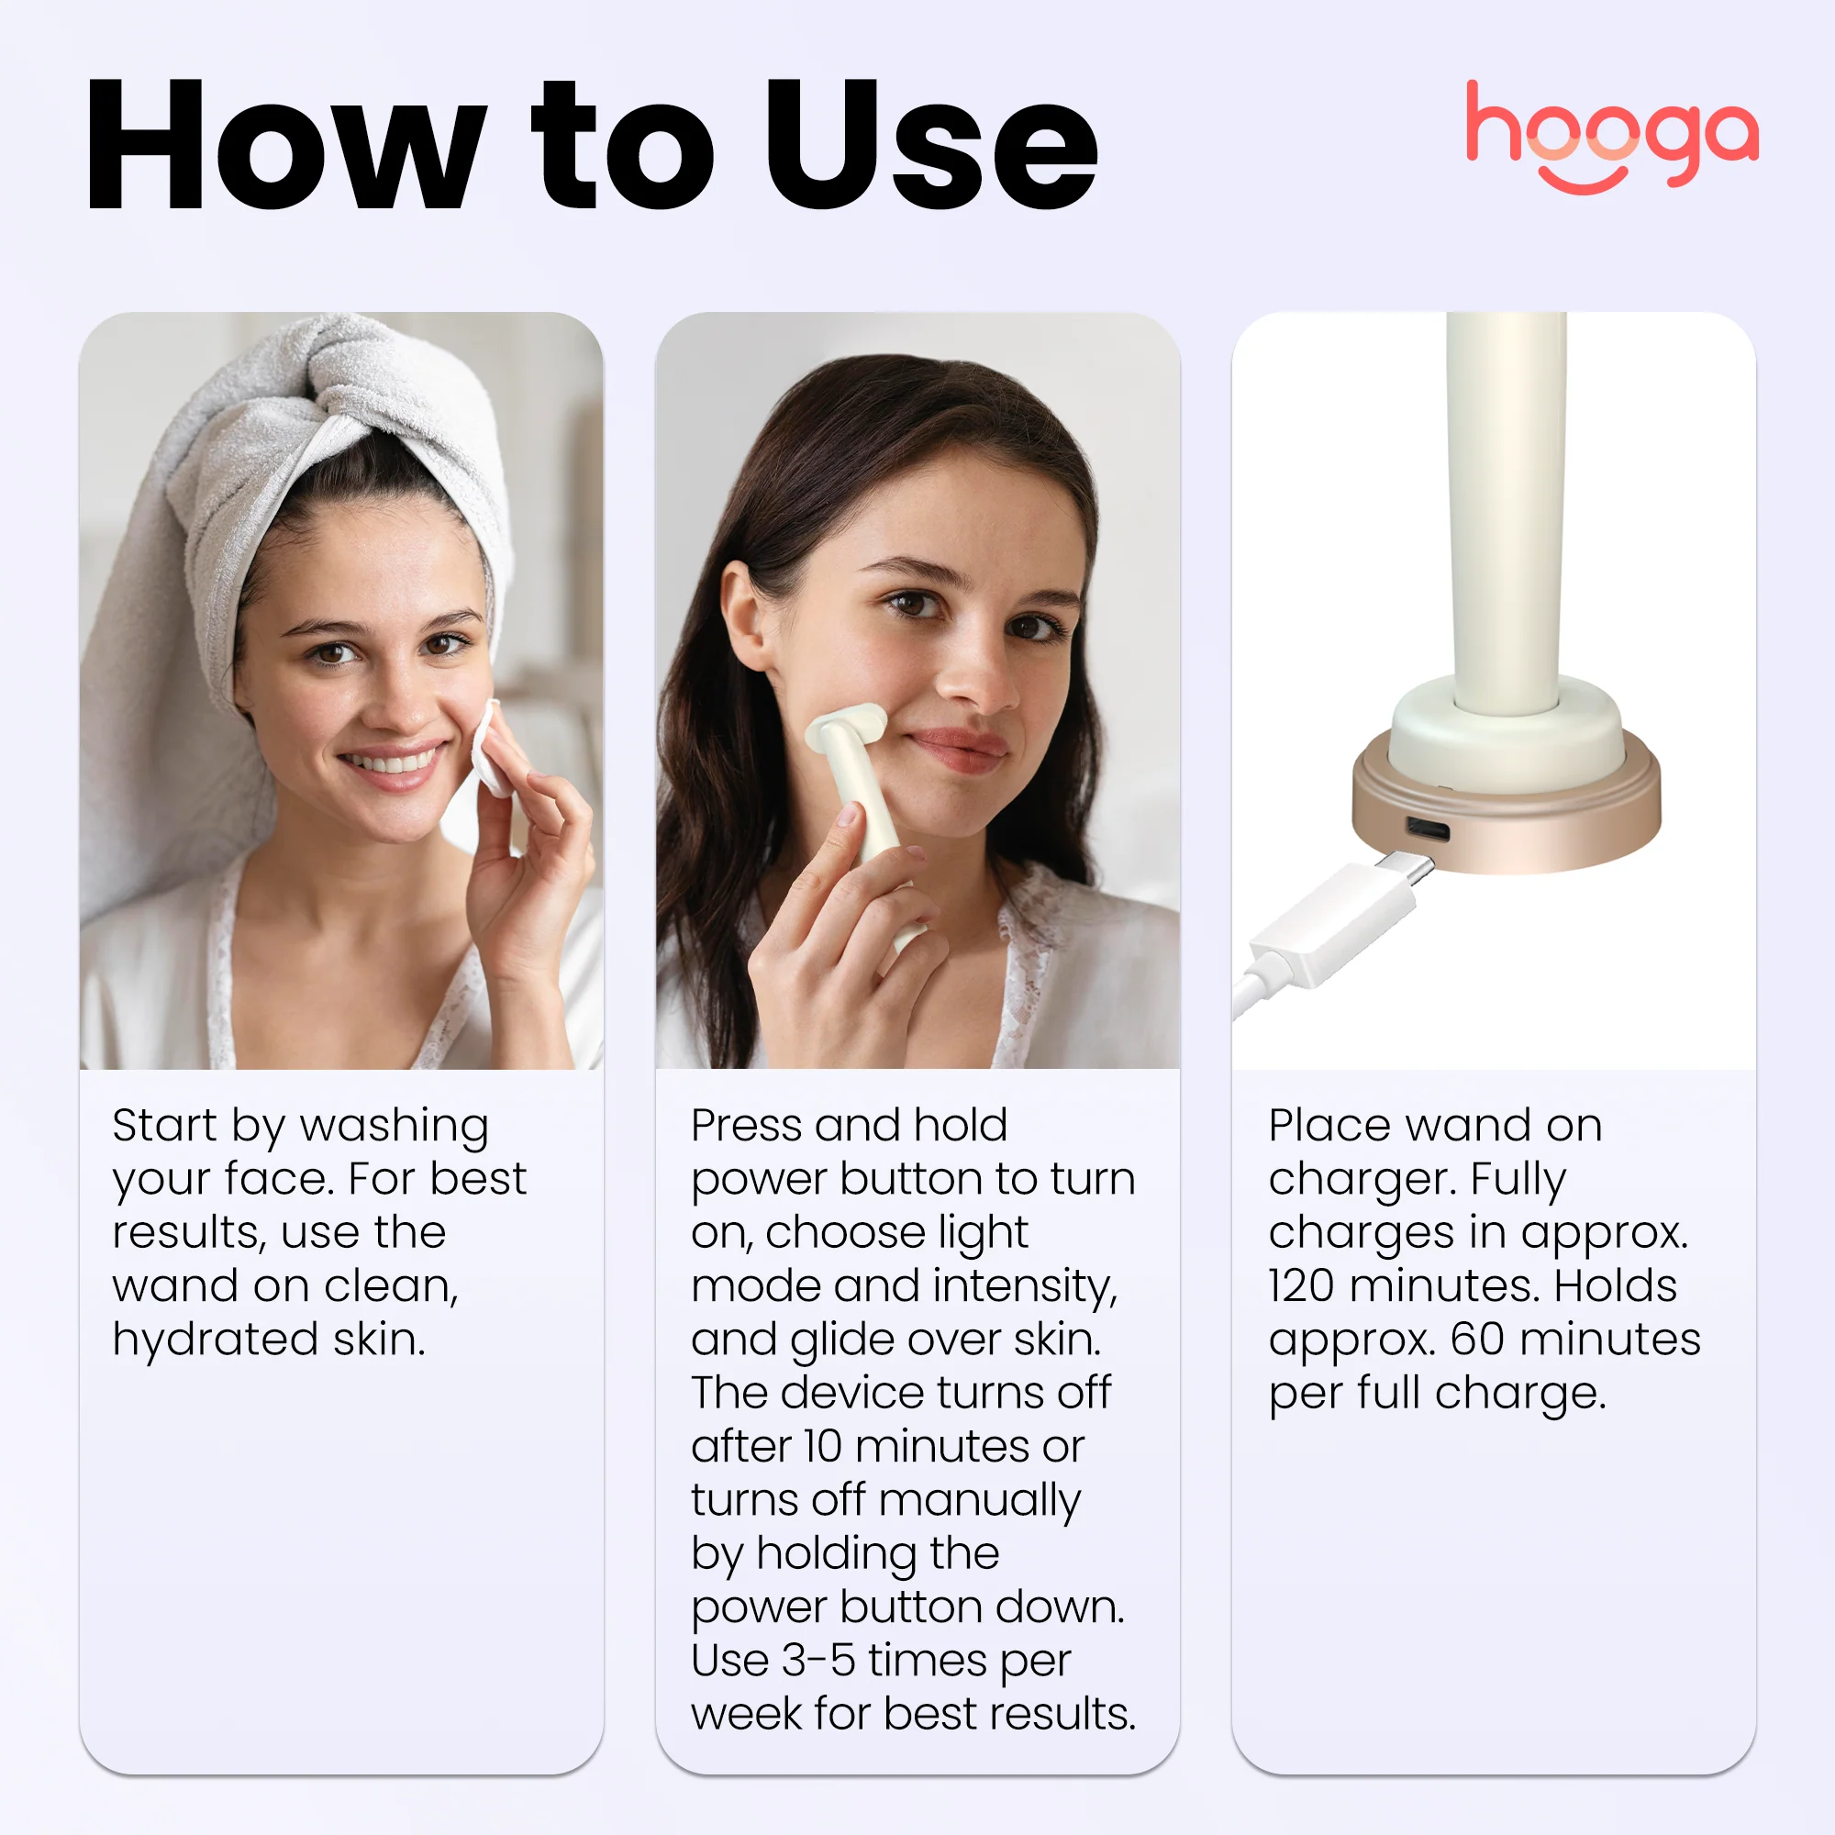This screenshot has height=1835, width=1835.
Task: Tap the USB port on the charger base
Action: pos(1428,831)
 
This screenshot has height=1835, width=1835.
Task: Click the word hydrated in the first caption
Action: pos(216,1340)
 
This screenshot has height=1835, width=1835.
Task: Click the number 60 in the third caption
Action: pos(1477,1340)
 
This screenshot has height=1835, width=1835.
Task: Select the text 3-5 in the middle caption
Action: pos(817,1661)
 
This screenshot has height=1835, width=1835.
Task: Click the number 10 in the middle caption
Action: pos(821,1447)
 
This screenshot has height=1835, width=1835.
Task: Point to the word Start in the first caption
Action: pos(163,1126)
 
